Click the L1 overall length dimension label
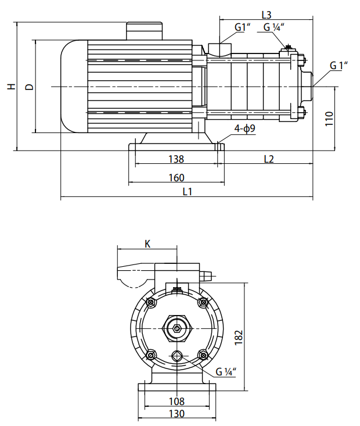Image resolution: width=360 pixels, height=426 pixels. (187, 191)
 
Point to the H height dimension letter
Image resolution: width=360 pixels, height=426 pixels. (10, 87)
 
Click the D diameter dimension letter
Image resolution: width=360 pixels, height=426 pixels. (30, 87)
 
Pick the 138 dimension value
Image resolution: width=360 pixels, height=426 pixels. (176, 159)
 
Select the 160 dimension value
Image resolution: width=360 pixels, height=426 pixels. (176, 177)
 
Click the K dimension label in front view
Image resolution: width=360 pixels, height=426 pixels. (147, 244)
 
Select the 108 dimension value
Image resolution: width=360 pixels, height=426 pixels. (177, 401)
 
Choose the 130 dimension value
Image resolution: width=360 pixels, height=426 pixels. (177, 414)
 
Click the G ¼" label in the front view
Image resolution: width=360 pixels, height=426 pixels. (226, 372)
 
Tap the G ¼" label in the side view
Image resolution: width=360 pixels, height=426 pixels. (273, 27)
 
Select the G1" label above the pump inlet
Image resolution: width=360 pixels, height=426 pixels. (243, 27)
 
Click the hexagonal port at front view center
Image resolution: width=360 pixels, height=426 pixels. (177, 329)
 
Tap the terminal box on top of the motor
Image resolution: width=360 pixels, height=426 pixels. (143, 31)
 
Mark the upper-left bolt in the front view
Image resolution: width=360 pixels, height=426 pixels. (151, 302)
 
